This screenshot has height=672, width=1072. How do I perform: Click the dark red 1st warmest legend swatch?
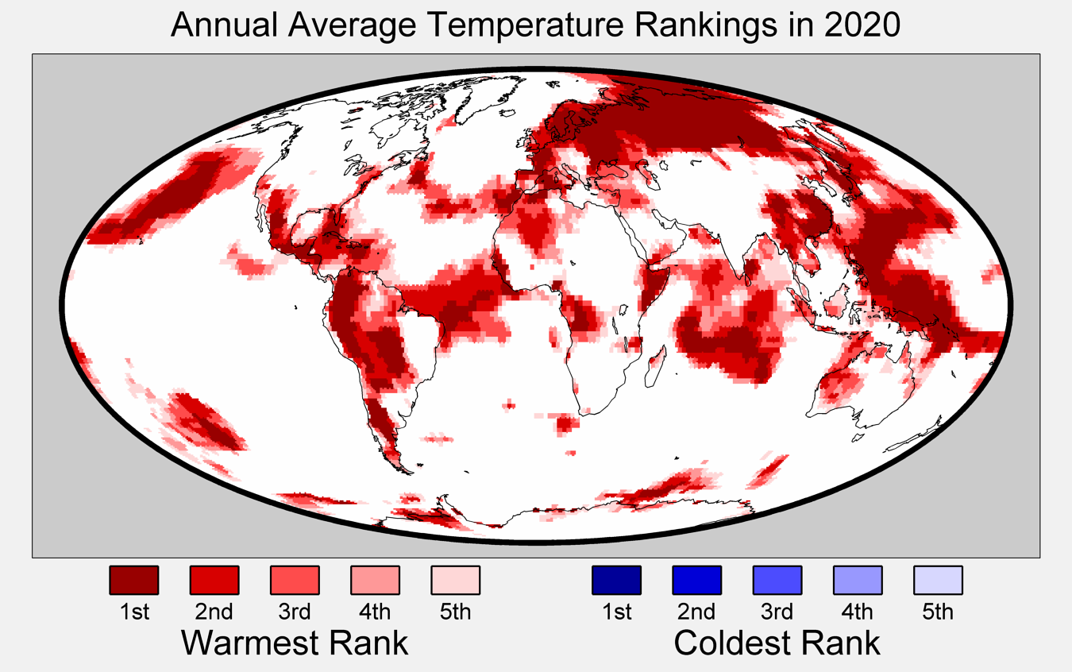(134, 580)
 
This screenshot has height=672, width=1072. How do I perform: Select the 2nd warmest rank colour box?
(214, 580)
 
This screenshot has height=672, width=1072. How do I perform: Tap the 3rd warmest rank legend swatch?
(295, 580)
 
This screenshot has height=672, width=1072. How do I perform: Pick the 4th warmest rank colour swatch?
(375, 580)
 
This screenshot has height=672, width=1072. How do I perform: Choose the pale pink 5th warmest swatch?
(456, 580)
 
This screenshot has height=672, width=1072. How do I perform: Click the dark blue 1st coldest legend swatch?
(616, 580)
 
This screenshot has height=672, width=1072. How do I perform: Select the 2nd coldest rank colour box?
(696, 580)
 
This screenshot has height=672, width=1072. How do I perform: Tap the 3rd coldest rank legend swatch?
(777, 580)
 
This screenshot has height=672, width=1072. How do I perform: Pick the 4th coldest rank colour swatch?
(858, 580)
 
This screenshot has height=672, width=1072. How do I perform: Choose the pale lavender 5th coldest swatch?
(938, 580)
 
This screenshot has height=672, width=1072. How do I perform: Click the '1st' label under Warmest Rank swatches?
(134, 612)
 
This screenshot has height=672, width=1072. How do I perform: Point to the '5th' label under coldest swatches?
(938, 612)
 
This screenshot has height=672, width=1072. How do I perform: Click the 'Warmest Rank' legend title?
(295, 643)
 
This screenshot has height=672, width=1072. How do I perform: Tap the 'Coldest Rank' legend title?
(777, 643)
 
